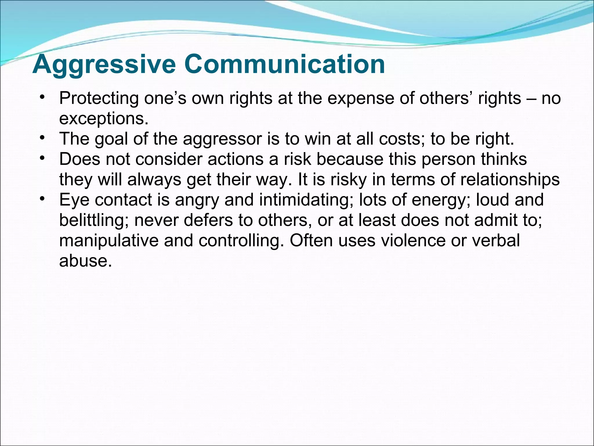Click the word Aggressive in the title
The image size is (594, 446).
(x=104, y=64)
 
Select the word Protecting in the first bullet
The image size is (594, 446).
(x=99, y=98)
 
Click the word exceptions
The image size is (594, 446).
(x=104, y=119)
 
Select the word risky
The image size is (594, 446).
(x=349, y=179)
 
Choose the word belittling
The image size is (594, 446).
(x=94, y=220)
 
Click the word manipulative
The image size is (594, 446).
(x=109, y=240)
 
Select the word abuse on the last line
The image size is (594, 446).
(x=85, y=261)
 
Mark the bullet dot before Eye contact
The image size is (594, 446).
(x=42, y=198)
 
